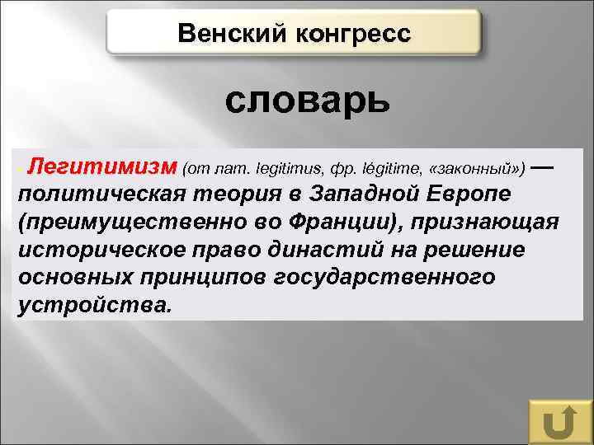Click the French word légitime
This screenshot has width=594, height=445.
pos(380,169)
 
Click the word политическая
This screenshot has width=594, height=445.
pos(98,195)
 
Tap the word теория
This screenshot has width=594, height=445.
pos(233,195)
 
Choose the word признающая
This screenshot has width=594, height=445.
pos(488,222)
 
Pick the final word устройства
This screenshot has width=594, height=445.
pos(93,304)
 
